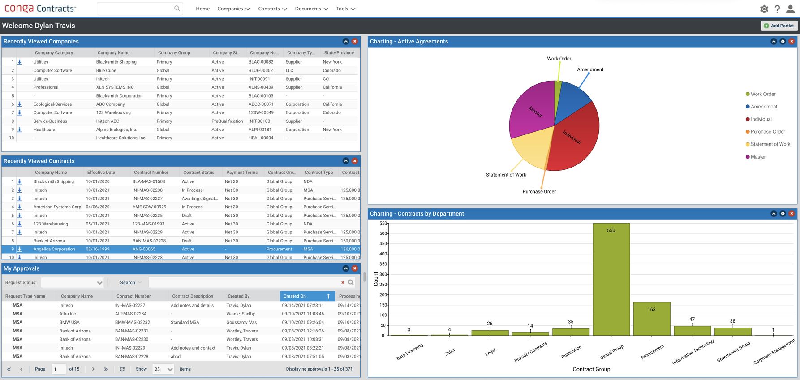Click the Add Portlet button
pyautogui.click(x=779, y=26)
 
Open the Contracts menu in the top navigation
pyautogui.click(x=272, y=9)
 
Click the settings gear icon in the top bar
pyautogui.click(x=764, y=9)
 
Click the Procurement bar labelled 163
pyautogui.click(x=651, y=319)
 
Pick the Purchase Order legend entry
pyautogui.click(x=767, y=132)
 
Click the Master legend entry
pyautogui.click(x=758, y=157)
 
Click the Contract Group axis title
pyautogui.click(x=591, y=369)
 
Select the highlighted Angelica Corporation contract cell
pyautogui.click(x=54, y=249)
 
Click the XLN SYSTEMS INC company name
pyautogui.click(x=115, y=87)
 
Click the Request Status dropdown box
pyautogui.click(x=72, y=282)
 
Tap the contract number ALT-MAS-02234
pyautogui.click(x=130, y=314)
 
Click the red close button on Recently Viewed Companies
pyautogui.click(x=355, y=41)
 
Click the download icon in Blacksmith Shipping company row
pyautogui.click(x=20, y=62)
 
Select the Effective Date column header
pyautogui.click(x=101, y=173)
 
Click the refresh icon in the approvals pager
pyautogui.click(x=122, y=369)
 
